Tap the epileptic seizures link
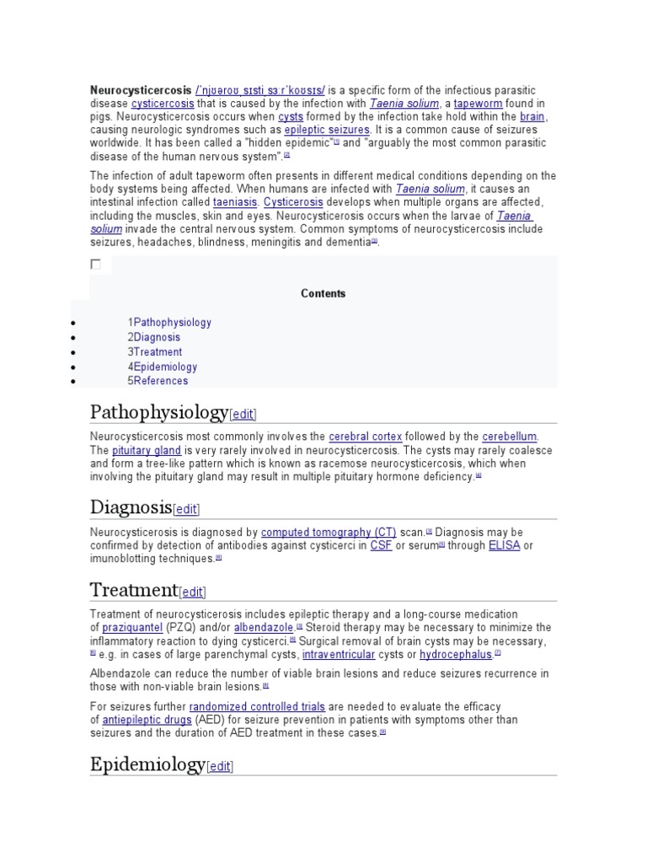[x=327, y=130]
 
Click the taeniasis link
[x=235, y=202]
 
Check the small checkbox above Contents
[x=96, y=265]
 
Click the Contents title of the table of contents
[x=323, y=293]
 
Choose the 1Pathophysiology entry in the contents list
[x=169, y=322]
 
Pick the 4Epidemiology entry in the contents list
[x=163, y=367]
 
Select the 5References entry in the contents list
[x=158, y=380]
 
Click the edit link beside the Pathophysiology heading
[x=243, y=414]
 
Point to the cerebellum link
[x=509, y=437]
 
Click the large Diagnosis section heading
[x=131, y=507]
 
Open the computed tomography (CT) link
[x=329, y=533]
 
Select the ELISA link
[x=504, y=545]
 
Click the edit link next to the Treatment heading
[x=192, y=592]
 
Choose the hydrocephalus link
[x=456, y=654]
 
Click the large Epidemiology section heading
[x=147, y=764]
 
